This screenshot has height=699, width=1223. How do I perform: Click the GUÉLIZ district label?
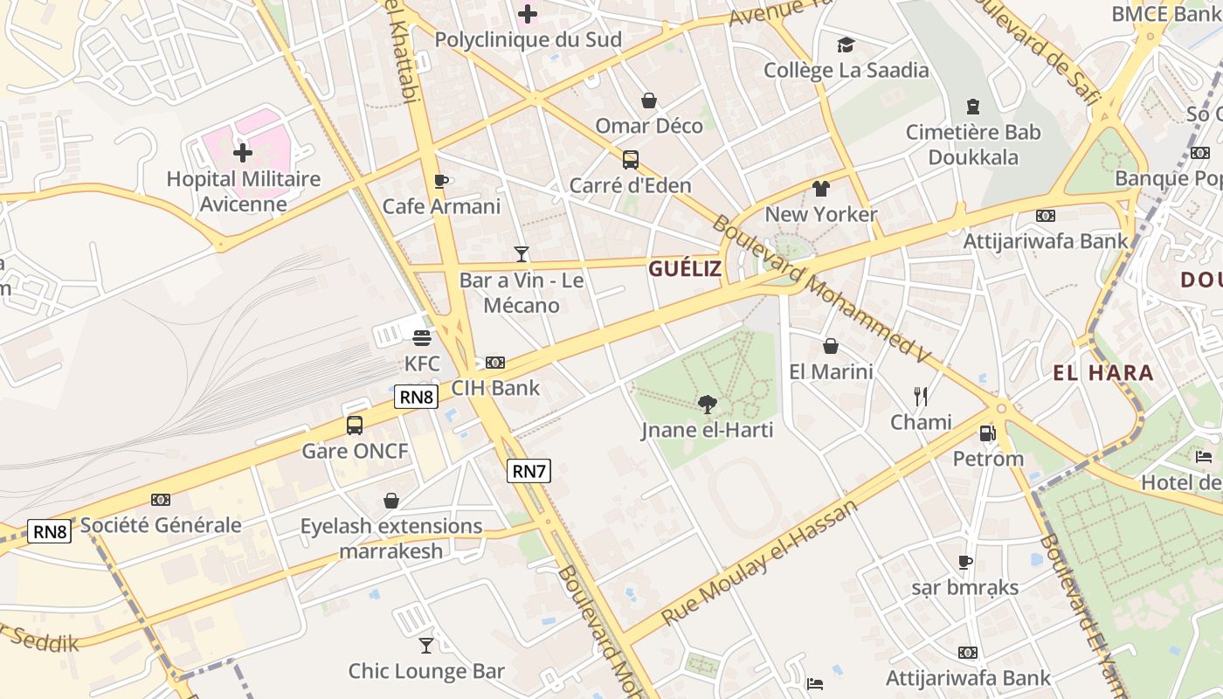685,269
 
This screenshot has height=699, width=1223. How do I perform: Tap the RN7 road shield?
529,471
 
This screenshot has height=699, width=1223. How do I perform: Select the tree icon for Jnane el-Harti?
708,404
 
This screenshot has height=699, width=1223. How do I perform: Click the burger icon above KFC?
422,337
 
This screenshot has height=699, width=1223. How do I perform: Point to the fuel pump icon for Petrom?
987,433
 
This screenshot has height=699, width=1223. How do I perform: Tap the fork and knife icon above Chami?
920,397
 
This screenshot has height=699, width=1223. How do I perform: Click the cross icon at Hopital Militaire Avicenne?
243,153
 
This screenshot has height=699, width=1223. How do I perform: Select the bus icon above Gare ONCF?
354,426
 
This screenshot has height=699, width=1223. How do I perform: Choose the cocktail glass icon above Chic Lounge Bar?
426,646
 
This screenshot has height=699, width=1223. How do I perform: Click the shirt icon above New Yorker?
820,188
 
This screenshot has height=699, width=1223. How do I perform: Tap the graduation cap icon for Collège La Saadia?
845,45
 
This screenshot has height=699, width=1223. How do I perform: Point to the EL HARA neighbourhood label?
1103,373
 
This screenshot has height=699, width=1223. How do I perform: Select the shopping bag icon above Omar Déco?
649,100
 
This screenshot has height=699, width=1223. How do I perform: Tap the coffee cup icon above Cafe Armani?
441,181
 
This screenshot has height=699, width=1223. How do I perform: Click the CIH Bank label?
495,388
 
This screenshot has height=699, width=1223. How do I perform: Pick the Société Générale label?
161,525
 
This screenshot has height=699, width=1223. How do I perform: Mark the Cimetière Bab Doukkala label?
973,145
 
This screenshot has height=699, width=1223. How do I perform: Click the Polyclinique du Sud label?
528,40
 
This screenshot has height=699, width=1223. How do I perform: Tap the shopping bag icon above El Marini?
831,346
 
